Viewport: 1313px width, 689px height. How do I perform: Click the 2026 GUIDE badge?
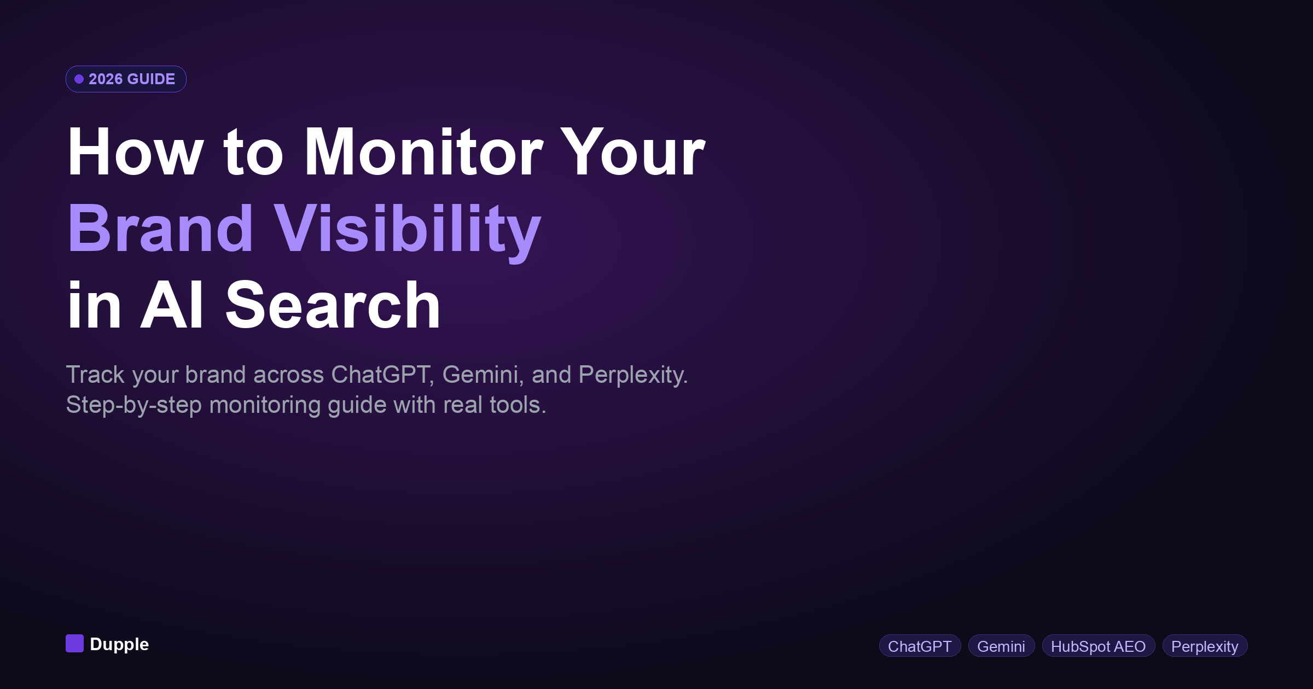(126, 79)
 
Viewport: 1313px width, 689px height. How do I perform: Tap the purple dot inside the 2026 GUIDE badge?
(79, 79)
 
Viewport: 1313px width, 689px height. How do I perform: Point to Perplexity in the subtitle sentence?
(632, 375)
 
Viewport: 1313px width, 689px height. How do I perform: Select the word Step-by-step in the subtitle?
(133, 405)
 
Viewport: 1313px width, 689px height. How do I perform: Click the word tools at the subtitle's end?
(517, 405)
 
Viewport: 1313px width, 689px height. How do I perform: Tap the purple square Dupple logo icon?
(74, 644)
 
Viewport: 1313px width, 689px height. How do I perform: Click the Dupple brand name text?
(119, 644)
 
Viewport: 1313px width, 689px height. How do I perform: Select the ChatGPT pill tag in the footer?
(920, 646)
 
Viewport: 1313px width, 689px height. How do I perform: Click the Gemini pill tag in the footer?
(1001, 646)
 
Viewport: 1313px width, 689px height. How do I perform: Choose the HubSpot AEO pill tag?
(1098, 646)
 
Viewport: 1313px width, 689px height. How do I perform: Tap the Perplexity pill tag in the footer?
(1205, 646)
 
